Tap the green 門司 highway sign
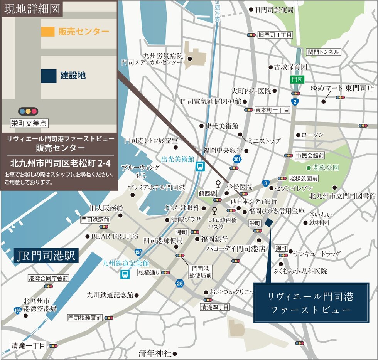click(297, 80)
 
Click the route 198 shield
click(138, 252)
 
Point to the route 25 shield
click(179, 284)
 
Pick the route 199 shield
click(17, 310)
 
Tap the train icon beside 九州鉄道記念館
click(125, 274)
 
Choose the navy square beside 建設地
click(48, 75)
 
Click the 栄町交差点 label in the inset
click(29, 123)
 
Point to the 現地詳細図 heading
click(32, 9)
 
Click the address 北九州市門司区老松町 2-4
click(60, 163)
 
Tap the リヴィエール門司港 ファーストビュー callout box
click(311, 303)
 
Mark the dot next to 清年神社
click(175, 353)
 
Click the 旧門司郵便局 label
click(274, 10)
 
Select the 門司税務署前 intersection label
click(85, 318)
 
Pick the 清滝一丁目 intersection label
click(29, 345)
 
